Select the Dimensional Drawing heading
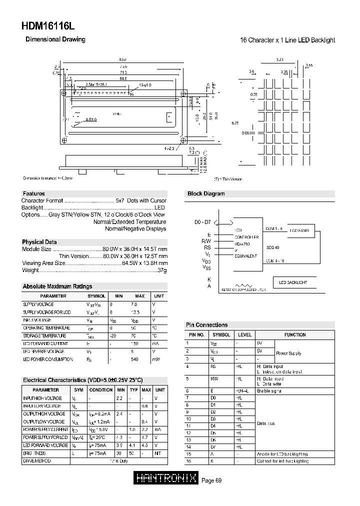[55, 39]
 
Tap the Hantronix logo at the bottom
[166, 479]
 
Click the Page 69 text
[211, 480]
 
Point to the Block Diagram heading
[206, 194]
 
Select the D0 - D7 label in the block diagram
[202, 221]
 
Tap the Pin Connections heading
[206, 325]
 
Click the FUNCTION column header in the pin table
[295, 334]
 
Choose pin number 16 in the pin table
[188, 461]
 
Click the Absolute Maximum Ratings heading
[57, 286]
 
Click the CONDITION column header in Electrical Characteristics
[101, 389]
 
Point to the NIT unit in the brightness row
[158, 453]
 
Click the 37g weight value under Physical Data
[162, 270]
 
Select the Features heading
[33, 193]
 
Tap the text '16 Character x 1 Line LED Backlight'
[287, 40]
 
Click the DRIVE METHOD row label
[37, 460]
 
